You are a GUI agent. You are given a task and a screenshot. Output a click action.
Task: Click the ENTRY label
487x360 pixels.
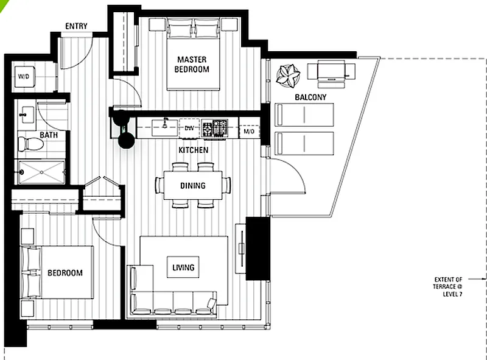pos(76,26)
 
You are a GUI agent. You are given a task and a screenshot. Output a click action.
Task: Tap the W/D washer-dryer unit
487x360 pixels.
pos(24,76)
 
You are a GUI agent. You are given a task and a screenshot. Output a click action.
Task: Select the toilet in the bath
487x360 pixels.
pos(30,144)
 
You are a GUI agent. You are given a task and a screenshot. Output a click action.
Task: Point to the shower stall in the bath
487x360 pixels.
pos(41,172)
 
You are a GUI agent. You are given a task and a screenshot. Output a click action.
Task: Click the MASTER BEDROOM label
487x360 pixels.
pos(192,65)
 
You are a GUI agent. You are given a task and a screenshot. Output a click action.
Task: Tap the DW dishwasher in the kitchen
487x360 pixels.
pos(189,128)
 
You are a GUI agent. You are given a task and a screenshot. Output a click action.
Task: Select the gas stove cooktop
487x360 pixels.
pos(215,128)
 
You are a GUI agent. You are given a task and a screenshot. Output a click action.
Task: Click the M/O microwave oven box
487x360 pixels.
pos(249,131)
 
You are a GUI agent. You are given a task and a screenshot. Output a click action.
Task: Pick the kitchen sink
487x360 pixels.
pos(164,128)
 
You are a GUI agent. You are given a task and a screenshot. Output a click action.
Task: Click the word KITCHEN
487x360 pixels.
pos(193,150)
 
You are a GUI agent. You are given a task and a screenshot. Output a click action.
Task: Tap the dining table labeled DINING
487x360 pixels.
pos(193,185)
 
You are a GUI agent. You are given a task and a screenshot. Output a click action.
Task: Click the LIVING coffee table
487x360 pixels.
pos(183,267)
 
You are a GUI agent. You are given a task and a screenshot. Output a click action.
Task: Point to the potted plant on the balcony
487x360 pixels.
pos(288,76)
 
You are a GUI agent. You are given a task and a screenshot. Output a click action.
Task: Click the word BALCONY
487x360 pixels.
pos(310,97)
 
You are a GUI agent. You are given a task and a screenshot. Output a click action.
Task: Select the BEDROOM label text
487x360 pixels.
pos(65,273)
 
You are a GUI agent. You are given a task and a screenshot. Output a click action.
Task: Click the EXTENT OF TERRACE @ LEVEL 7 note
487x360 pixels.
pos(447,287)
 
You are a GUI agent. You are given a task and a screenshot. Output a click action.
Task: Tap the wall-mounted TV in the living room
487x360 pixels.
pos(241,249)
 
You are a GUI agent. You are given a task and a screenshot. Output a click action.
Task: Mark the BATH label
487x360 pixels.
pos(49,135)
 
